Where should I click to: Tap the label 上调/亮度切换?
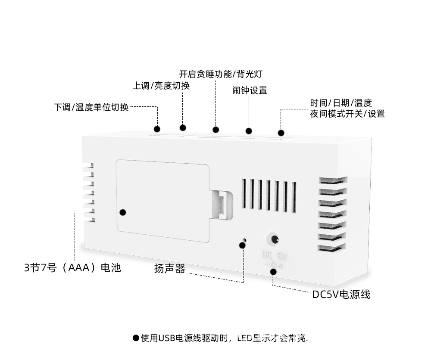(161, 86)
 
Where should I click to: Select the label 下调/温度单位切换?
(91, 107)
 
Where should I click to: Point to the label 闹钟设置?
(250, 90)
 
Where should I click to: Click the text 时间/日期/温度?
(340, 103)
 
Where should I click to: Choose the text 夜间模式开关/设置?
(347, 114)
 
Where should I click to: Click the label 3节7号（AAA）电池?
(72, 268)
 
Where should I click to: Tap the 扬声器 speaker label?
(170, 269)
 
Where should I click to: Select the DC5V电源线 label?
(341, 295)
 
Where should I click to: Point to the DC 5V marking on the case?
(274, 256)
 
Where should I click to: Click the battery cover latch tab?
(222, 204)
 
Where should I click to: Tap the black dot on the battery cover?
(123, 212)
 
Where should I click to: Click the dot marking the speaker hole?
(242, 245)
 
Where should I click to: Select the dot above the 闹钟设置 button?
(248, 131)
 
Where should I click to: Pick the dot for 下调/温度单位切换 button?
(157, 129)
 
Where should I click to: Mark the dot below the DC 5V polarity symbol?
(273, 271)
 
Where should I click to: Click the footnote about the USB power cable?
(220, 338)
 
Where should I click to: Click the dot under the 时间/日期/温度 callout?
(281, 133)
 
